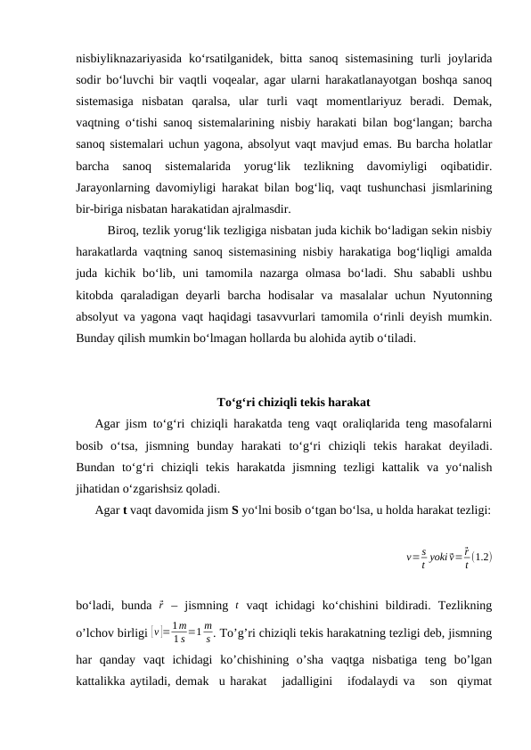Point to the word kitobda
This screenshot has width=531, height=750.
point(95,294)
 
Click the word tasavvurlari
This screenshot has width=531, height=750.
point(289,316)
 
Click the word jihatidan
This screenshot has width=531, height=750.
point(102,487)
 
